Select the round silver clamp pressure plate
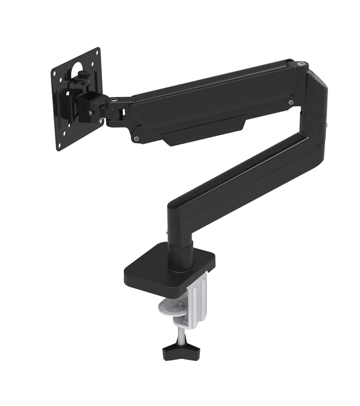(x=170, y=308)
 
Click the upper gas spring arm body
(x=211, y=101)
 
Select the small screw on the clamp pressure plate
(x=180, y=303)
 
